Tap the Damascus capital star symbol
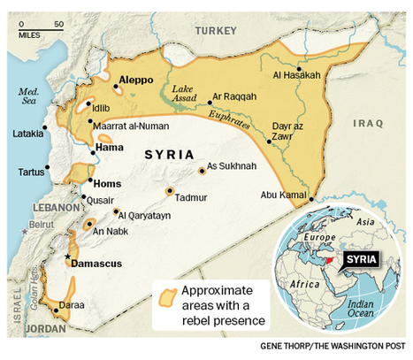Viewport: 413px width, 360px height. (x=67, y=257)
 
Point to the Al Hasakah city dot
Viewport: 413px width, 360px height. (x=300, y=69)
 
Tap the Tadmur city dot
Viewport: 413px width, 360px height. (x=169, y=191)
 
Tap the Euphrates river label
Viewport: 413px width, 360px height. (x=224, y=118)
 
